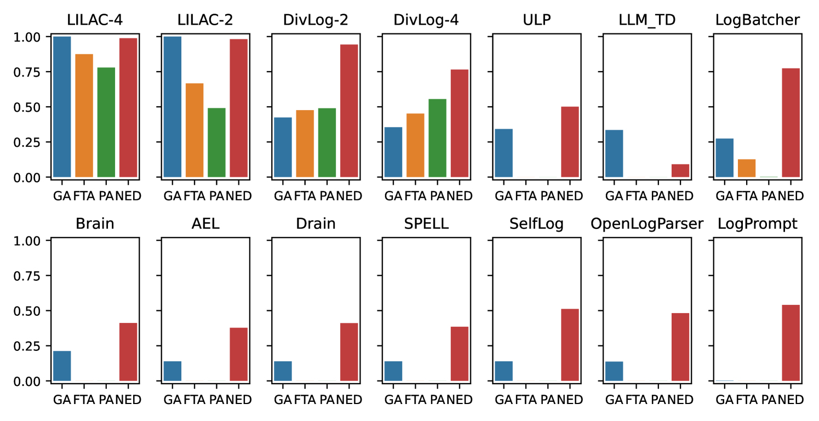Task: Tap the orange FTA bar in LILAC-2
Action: tap(194, 130)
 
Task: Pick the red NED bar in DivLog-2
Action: tap(349, 111)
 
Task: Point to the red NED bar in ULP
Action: tap(570, 142)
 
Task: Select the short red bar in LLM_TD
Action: tap(680, 170)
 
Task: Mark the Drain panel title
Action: tap(316, 224)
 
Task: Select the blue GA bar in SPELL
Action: tap(393, 371)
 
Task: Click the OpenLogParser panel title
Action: tap(647, 224)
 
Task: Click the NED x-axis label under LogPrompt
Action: tap(792, 400)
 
